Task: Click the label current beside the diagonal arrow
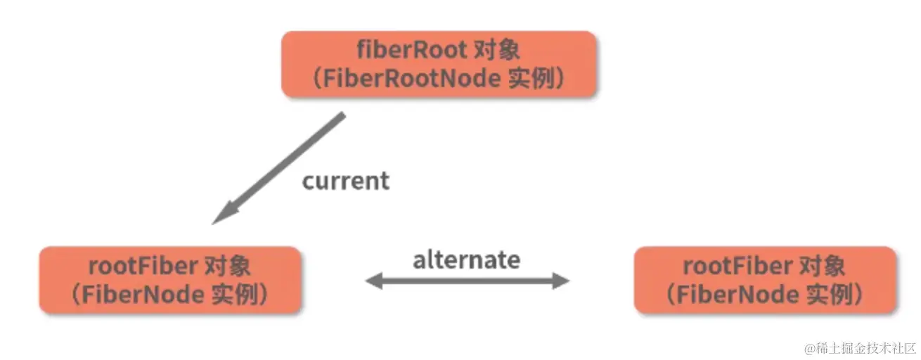pos(345,181)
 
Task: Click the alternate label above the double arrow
pos(466,260)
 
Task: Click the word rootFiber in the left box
pos(143,267)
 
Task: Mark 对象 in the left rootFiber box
pos(226,267)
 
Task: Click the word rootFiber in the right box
pos(738,267)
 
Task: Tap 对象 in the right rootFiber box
pos(821,267)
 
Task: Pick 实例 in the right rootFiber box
pos(826,295)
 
